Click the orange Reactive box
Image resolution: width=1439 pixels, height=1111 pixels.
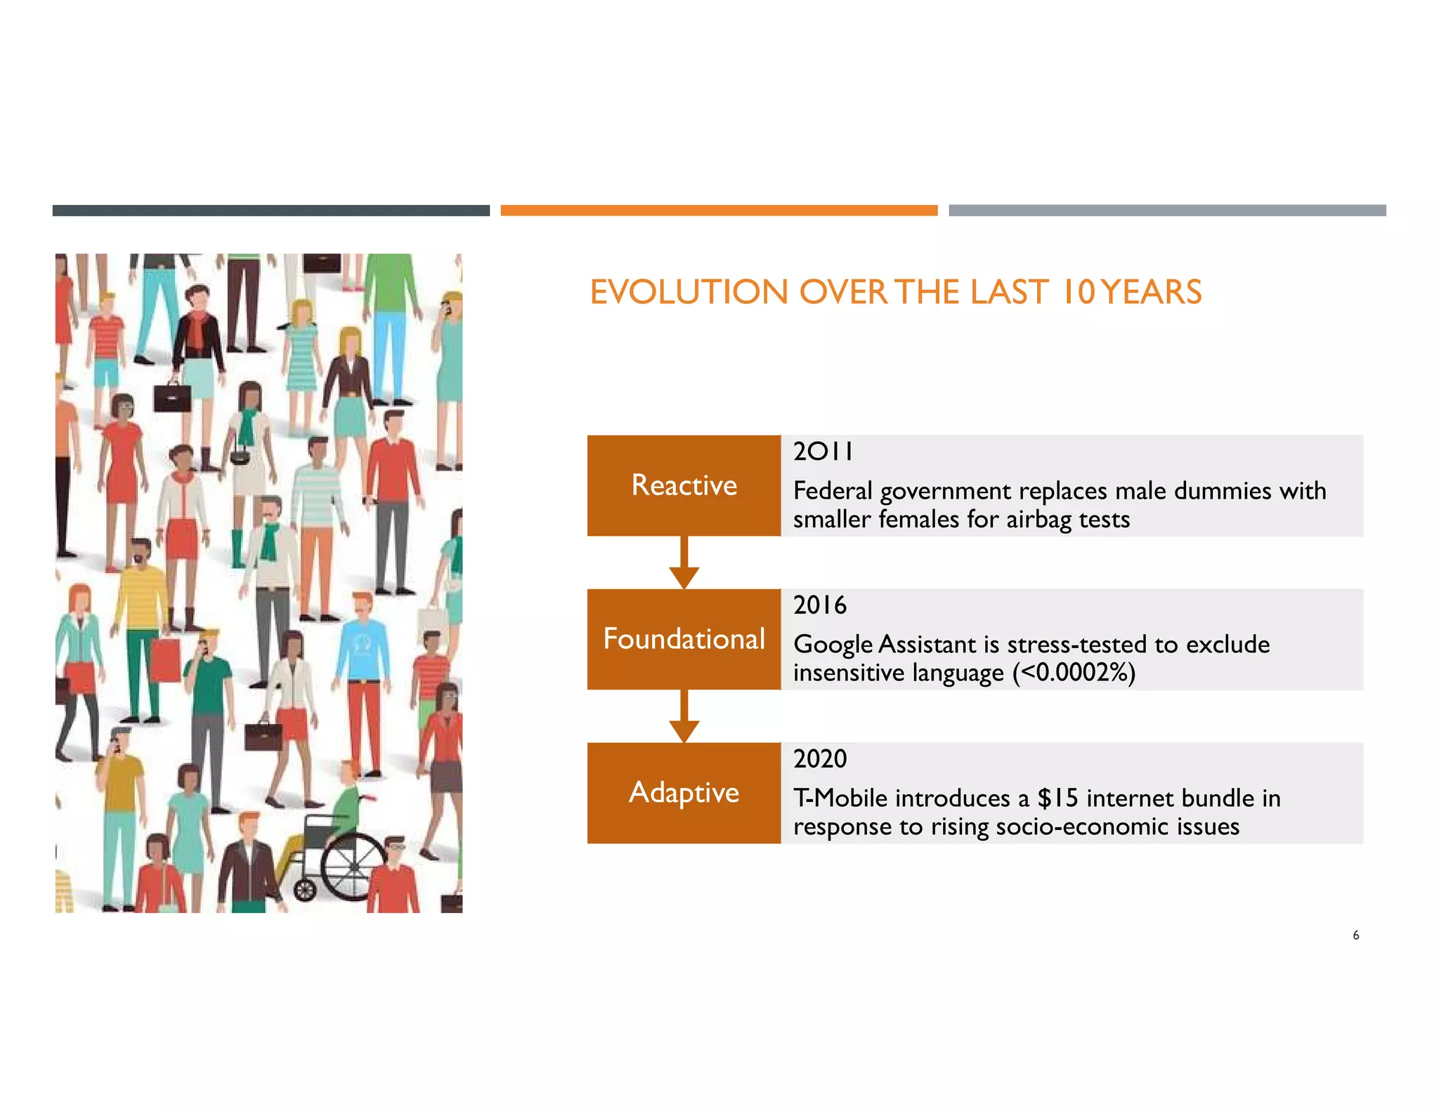coord(684,485)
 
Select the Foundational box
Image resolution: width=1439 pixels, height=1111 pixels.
coord(684,639)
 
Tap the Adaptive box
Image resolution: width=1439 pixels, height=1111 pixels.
coord(684,792)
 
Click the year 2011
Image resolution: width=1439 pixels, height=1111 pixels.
coord(823,452)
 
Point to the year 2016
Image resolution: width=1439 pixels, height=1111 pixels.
coord(820,605)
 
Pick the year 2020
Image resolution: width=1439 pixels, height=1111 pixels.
coord(820,759)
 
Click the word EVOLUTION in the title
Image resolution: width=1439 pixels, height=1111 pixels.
coord(689,292)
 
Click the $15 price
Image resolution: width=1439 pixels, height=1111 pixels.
coord(1057,798)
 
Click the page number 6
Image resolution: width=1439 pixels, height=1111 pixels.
coord(1355,935)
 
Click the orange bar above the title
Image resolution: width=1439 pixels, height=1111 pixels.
coord(719,211)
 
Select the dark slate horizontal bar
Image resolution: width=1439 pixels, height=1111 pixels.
coord(271,211)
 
